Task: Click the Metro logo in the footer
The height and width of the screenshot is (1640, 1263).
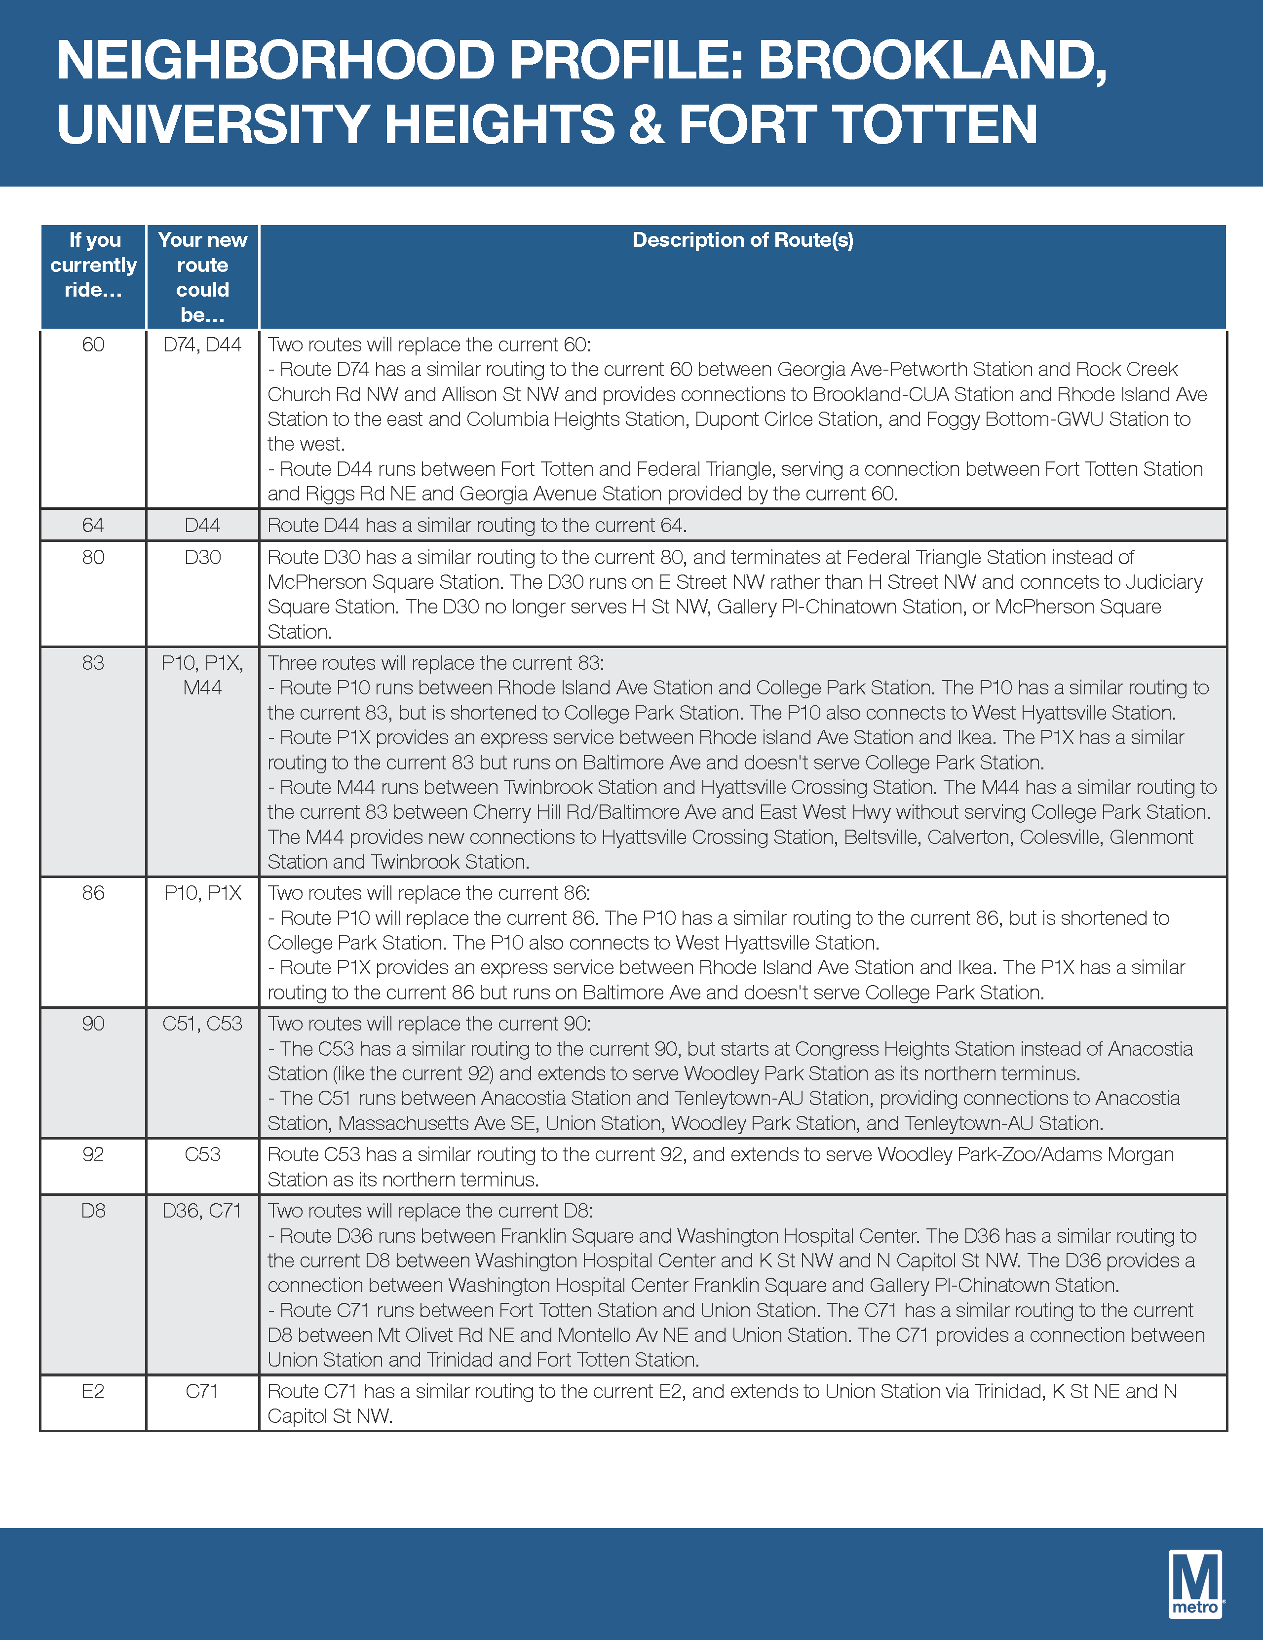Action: click(1195, 1583)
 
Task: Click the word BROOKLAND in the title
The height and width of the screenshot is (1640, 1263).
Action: click(931, 60)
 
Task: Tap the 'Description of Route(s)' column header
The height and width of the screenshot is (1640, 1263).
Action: click(743, 240)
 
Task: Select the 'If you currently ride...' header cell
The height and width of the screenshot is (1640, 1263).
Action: click(93, 265)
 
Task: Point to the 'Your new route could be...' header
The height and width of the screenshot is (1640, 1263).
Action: click(203, 277)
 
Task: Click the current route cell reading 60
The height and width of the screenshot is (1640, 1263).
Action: click(93, 344)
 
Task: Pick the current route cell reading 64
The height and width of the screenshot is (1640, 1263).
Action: click(93, 525)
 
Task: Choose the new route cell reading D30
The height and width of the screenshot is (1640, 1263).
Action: click(203, 557)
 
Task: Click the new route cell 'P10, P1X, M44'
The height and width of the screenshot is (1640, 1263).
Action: click(203, 675)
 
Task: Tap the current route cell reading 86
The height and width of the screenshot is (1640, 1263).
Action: click(93, 893)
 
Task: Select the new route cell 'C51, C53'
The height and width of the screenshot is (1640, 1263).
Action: click(203, 1024)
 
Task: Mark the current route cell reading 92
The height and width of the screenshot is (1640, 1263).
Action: click(93, 1154)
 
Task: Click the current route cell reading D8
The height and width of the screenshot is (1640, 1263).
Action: click(93, 1211)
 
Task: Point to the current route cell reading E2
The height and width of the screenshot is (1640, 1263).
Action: click(93, 1391)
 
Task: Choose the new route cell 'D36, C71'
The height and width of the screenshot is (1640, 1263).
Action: click(203, 1211)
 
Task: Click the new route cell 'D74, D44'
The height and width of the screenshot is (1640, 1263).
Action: click(203, 344)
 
